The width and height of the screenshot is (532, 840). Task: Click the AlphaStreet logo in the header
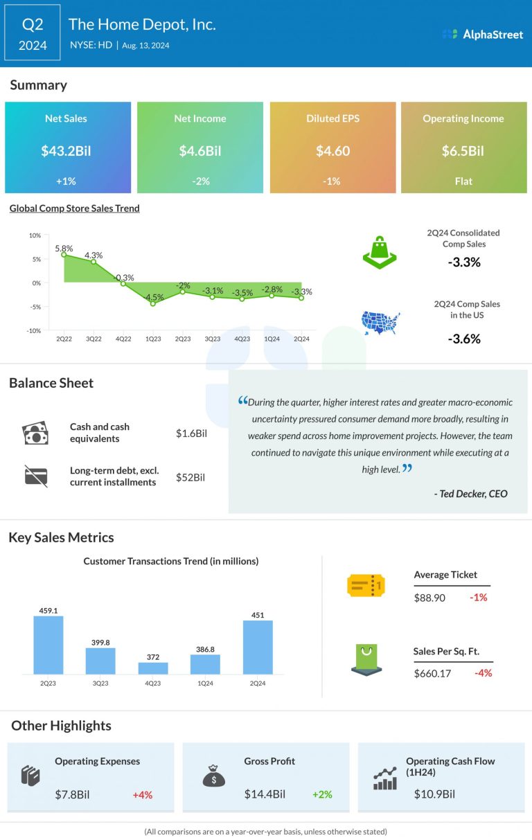(x=483, y=34)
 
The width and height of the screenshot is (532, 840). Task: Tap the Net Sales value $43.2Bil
(x=67, y=151)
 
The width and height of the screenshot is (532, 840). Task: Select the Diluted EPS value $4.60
(x=332, y=151)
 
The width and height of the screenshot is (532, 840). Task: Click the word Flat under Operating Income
(x=463, y=181)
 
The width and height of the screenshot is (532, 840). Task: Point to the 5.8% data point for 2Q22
(x=64, y=255)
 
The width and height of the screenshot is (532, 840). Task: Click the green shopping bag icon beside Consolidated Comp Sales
(x=380, y=252)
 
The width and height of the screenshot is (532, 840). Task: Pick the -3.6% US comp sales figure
(x=463, y=339)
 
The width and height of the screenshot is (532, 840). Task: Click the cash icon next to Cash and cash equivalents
(x=35, y=434)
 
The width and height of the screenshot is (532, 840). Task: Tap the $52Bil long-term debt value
(x=190, y=477)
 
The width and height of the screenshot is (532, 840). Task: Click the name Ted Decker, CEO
(x=470, y=494)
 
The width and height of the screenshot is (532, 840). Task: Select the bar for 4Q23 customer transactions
(x=153, y=668)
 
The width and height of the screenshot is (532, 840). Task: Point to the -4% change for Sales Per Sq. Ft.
(x=483, y=672)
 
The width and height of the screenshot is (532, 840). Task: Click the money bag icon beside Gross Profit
(x=213, y=777)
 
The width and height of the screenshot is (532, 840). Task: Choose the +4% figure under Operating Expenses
(x=142, y=794)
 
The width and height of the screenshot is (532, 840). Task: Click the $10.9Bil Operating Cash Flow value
(x=434, y=794)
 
